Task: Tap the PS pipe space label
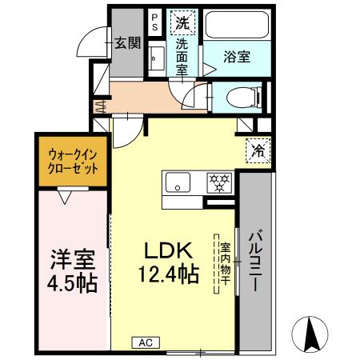154,20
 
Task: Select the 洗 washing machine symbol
183,23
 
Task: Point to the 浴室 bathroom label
237,58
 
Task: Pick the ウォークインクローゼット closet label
74,162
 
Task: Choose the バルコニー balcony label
256,261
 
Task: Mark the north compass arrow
311,330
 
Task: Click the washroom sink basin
157,58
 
